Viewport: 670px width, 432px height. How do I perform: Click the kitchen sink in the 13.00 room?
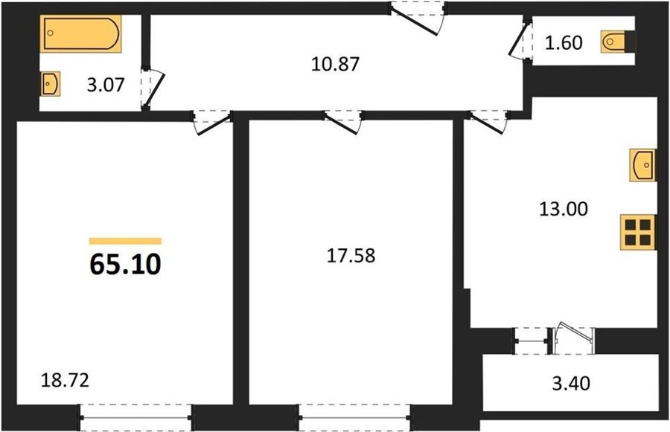(x=642, y=164)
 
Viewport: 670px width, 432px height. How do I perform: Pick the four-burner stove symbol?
(x=637, y=233)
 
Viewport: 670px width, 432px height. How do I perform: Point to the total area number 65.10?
(x=125, y=263)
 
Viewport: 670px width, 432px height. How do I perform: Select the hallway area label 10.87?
(x=335, y=64)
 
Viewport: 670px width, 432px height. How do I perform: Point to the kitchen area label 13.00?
(x=564, y=209)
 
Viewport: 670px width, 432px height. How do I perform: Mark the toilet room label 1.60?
(x=564, y=43)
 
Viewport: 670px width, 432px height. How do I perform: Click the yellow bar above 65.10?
(x=125, y=241)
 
